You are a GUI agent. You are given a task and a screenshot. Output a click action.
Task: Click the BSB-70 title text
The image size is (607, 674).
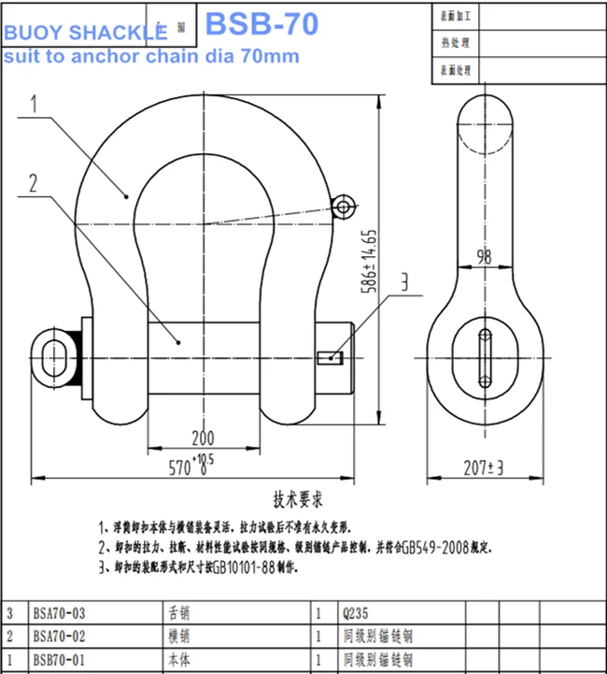point(261,22)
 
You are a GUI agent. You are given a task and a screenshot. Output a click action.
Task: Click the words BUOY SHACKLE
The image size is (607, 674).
point(85,34)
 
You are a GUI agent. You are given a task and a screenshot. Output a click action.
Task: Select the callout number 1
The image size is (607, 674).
point(34,105)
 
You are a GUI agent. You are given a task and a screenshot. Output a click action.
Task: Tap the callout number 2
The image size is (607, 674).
point(34,183)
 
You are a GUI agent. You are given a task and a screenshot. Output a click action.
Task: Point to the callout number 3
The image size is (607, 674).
point(406,281)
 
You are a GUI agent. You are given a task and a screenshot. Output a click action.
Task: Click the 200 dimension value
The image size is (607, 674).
point(201,438)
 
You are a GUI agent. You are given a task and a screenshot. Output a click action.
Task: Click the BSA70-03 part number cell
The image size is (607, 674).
point(60,614)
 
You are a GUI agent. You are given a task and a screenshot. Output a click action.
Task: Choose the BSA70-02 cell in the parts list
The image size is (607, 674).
point(60,637)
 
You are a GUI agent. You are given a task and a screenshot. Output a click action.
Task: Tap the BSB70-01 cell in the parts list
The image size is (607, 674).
point(60,660)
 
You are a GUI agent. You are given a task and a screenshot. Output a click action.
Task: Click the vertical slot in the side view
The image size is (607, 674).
point(483,356)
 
